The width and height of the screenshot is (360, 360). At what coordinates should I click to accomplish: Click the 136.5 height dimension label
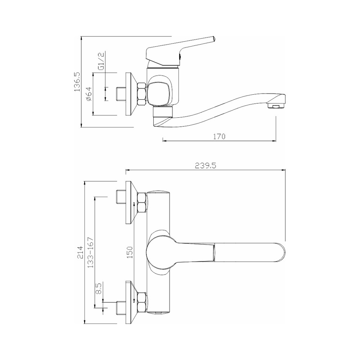(x=77, y=81)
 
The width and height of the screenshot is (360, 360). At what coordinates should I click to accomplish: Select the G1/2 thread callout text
(x=101, y=61)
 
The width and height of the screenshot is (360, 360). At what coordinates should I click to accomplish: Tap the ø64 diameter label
(x=89, y=94)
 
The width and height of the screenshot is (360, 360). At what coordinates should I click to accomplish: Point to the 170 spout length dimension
(x=219, y=136)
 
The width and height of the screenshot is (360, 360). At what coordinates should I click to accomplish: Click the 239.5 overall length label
(x=206, y=166)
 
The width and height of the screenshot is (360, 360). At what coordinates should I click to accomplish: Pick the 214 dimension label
(x=80, y=252)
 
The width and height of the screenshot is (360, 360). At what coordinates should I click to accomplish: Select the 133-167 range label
(x=91, y=252)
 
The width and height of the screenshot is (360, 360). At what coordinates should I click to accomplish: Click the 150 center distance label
(x=130, y=252)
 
